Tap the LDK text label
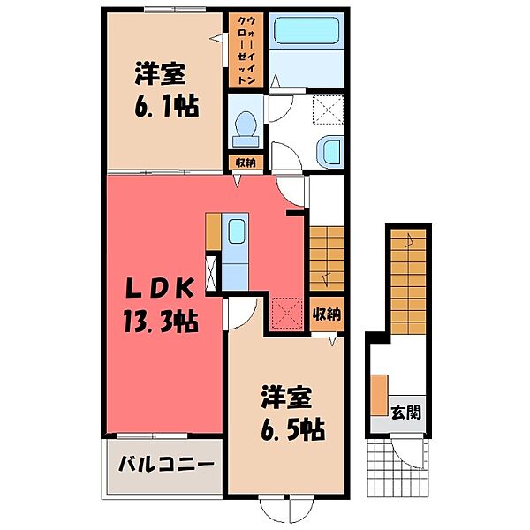164,288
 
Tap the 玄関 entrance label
405,411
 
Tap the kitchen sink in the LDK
237,233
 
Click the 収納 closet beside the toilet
245,162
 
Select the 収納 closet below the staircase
327,314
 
